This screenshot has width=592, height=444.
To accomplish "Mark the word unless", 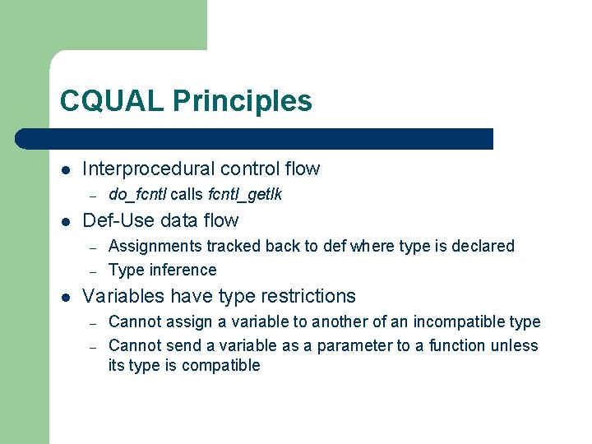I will pos(514,345).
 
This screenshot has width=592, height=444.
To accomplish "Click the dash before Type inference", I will pos(94,271).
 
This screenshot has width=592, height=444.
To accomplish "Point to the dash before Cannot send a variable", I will pos(94,346).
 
